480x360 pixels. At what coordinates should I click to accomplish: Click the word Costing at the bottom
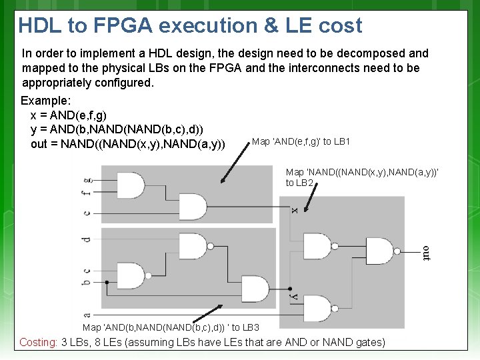(x=38, y=343)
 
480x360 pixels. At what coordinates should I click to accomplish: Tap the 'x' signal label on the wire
(x=294, y=210)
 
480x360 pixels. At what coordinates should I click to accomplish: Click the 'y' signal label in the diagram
(x=293, y=295)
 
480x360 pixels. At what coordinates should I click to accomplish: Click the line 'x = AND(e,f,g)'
(x=68, y=115)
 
